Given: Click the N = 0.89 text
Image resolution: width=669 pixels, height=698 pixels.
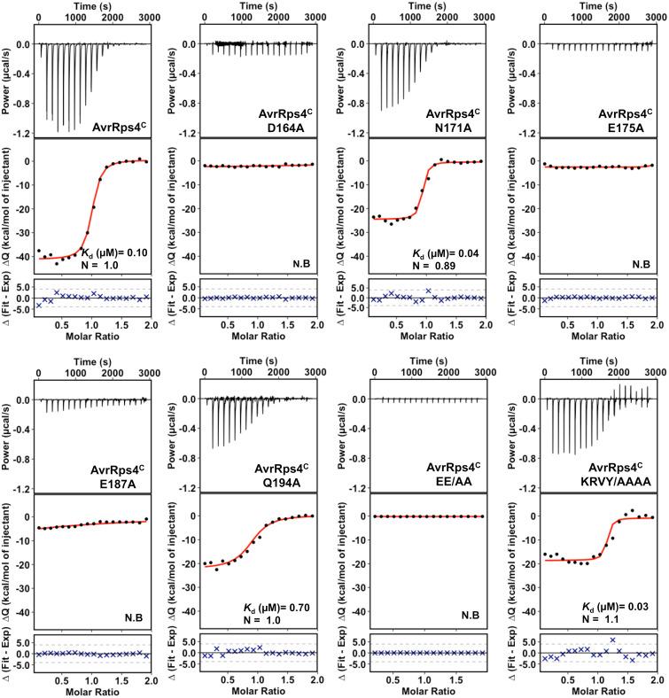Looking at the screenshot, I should (x=434, y=266).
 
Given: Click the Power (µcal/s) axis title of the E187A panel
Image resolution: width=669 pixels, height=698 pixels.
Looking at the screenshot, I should (x=9, y=430).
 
